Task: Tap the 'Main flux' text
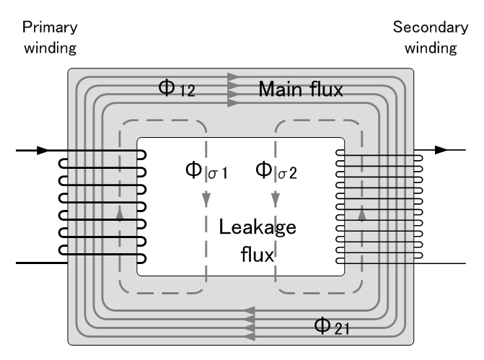[301, 89]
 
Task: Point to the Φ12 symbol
[176, 89]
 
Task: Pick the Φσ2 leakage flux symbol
[278, 173]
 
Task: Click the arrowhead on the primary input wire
[43, 151]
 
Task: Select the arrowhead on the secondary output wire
[441, 151]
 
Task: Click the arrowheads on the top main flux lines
[232, 89]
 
